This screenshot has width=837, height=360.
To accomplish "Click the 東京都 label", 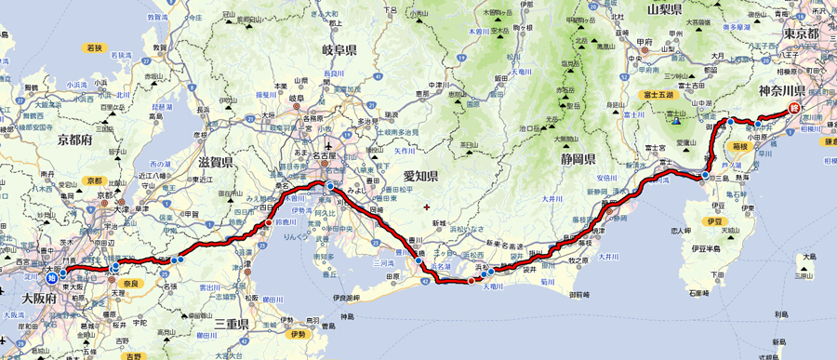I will point(800,33).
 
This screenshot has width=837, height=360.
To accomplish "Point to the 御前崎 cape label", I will point(582,295).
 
